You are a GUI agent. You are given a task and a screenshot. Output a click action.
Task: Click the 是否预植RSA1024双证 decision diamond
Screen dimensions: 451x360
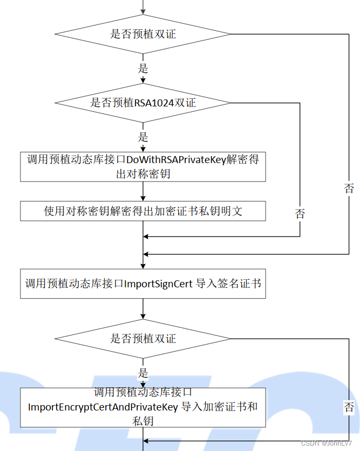click(x=143, y=103)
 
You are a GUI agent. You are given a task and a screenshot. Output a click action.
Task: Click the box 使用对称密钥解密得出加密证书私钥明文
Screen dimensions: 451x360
click(x=143, y=211)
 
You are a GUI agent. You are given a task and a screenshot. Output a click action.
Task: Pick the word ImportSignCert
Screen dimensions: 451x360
click(x=158, y=283)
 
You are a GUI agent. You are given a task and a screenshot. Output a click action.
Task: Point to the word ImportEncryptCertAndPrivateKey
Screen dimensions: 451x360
click(x=103, y=407)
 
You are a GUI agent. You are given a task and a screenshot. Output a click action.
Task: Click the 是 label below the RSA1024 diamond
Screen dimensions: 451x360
click(x=143, y=137)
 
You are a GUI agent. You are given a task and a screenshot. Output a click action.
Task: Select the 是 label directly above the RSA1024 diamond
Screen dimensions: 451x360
click(x=143, y=69)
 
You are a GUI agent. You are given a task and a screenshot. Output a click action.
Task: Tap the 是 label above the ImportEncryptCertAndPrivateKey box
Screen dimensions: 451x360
click(x=143, y=373)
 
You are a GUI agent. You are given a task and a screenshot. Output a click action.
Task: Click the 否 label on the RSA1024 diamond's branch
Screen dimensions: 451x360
click(x=300, y=214)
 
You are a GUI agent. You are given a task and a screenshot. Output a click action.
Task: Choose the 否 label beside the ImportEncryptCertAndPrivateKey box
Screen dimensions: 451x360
click(x=349, y=407)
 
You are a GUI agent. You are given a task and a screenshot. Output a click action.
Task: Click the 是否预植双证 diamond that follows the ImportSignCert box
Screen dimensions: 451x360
click(x=143, y=339)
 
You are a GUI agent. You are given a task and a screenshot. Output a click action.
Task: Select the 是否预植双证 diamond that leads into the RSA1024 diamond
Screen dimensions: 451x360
click(x=143, y=34)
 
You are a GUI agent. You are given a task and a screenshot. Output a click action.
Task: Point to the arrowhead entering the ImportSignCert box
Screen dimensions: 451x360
click(x=143, y=265)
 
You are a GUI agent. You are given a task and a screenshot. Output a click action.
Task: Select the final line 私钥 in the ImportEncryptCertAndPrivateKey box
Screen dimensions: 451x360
click(x=143, y=421)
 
